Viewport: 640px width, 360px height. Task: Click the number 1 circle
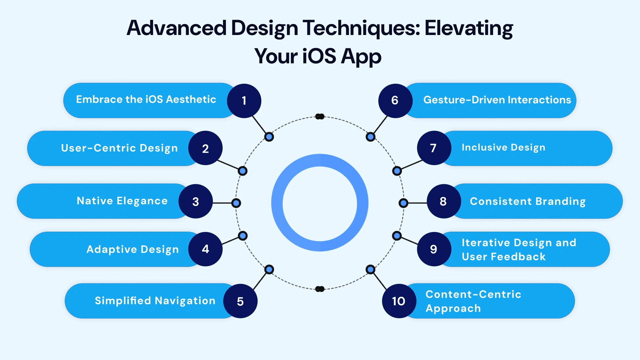[x=244, y=100]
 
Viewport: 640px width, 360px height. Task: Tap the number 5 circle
[x=240, y=301]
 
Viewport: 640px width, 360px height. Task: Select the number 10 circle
[x=399, y=301]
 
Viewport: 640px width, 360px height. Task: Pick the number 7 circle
[x=434, y=148]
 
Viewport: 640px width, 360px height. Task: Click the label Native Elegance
[x=122, y=201]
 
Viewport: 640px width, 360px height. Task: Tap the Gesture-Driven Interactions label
[x=497, y=100]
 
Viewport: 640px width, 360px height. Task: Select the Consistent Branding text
[x=527, y=201]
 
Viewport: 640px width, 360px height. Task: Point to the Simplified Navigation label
[x=155, y=301]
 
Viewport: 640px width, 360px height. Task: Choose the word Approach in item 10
[x=453, y=308]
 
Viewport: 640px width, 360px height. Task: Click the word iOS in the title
[x=319, y=56]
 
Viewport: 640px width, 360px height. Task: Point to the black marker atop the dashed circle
[x=320, y=116]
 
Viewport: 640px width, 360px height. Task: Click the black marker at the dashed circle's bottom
[x=320, y=289]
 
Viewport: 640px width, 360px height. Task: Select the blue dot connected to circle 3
[x=236, y=203]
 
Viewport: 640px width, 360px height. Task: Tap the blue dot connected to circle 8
[x=403, y=203]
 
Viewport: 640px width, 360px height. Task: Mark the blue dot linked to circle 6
[x=370, y=137]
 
